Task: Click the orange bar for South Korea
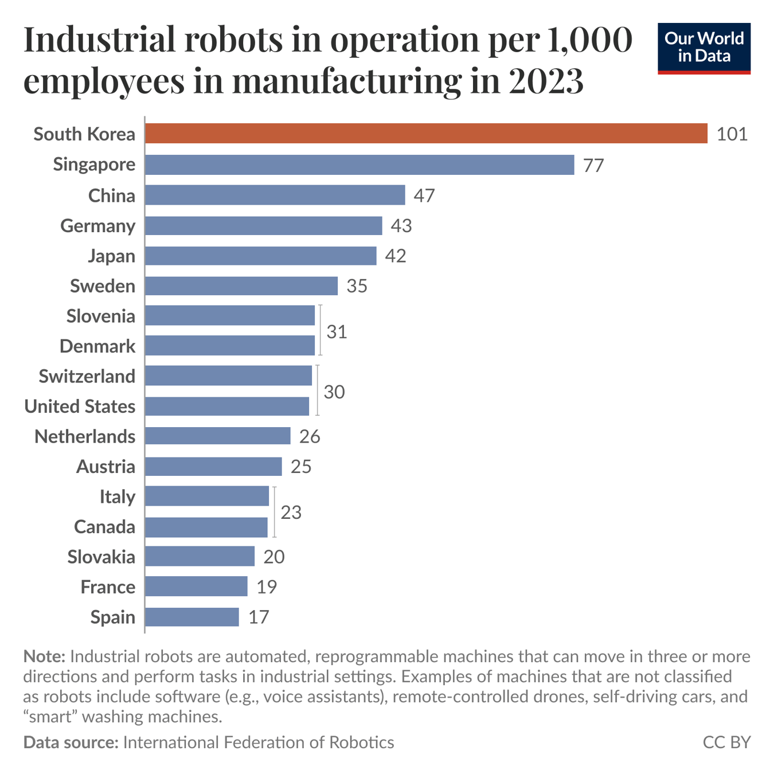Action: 426,134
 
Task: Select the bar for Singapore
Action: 359,165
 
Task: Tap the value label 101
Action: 732,134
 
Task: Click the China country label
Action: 112,196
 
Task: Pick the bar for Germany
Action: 263,225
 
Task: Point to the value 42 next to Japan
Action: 396,256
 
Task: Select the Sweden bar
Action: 241,286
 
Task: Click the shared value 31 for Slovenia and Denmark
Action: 337,331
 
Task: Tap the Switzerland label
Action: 87,376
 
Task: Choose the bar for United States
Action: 227,406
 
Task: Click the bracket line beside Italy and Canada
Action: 275,511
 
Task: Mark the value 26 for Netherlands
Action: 310,437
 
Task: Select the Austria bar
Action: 213,466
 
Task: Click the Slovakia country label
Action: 101,557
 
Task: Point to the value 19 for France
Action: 267,587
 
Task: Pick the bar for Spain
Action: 192,617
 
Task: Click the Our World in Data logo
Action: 704,48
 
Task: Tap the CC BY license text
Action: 726,742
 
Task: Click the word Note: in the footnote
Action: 44,656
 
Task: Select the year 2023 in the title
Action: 545,81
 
